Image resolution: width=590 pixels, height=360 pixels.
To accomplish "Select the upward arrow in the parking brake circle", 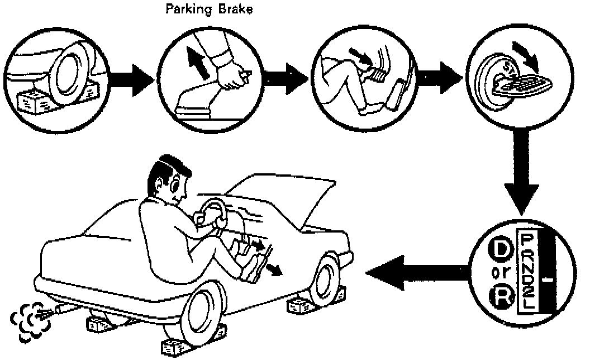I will click(x=195, y=62).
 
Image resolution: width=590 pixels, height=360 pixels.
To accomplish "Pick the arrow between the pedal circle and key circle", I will click(x=437, y=75).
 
